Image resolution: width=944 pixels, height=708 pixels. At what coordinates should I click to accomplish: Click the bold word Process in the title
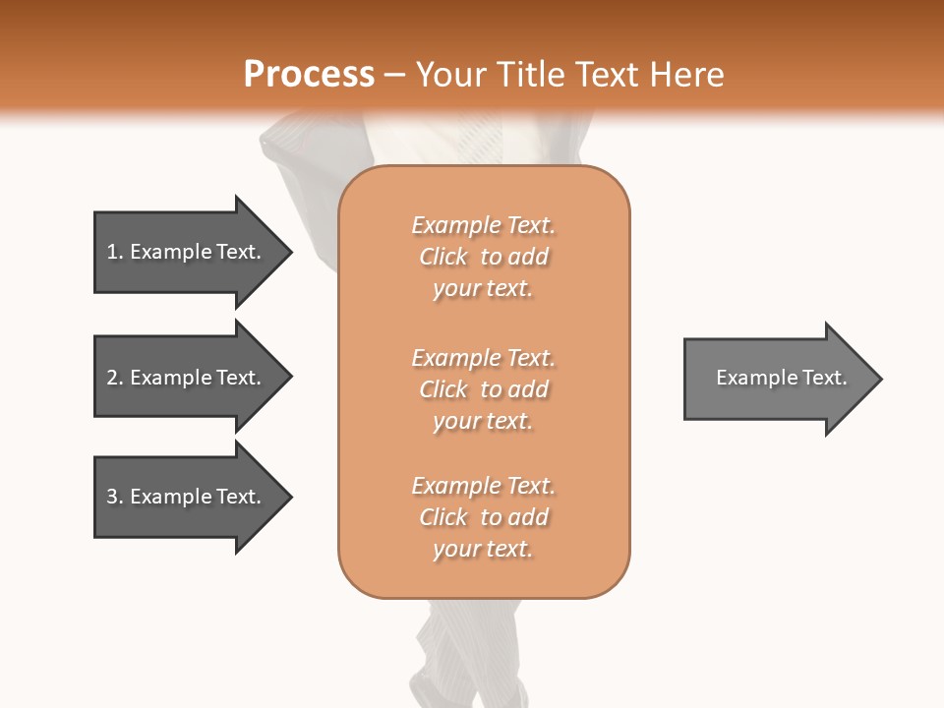tap(309, 75)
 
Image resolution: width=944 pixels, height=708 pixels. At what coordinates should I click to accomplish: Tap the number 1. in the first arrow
tap(115, 252)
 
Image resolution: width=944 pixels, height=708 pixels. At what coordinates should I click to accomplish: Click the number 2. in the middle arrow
tap(115, 378)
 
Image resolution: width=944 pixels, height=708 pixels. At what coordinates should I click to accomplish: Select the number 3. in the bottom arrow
tap(115, 497)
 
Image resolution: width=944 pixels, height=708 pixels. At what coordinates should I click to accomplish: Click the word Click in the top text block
tap(443, 257)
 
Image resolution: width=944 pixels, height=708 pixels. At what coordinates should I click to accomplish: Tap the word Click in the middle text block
tap(443, 389)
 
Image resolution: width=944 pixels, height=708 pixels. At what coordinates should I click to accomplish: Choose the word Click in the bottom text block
tap(443, 517)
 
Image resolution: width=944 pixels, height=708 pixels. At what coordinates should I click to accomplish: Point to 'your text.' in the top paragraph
tap(483, 289)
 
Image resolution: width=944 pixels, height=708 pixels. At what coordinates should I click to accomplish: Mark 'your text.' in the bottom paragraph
tap(483, 550)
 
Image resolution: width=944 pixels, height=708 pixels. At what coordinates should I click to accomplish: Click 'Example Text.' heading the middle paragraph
tap(483, 358)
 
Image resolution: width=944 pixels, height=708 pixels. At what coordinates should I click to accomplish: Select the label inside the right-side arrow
tap(782, 378)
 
